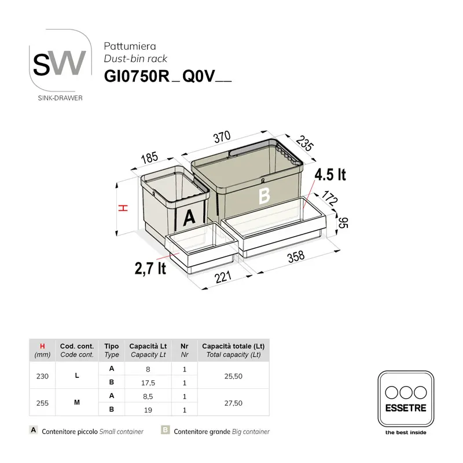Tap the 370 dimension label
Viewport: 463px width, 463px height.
[x=222, y=137]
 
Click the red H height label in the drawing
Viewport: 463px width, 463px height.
[x=122, y=208]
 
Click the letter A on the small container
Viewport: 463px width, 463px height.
[x=190, y=218]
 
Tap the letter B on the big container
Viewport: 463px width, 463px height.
[x=264, y=196]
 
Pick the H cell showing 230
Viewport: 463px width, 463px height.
[x=42, y=376]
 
